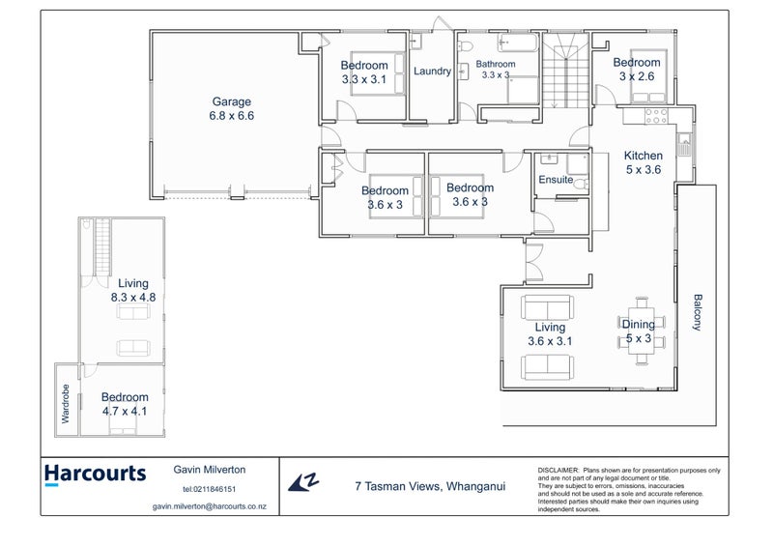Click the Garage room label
coord(231,101)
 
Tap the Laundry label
coord(432,71)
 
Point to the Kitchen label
coord(643,156)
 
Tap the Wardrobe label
coord(67,410)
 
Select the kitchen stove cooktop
coord(656,114)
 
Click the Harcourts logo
coord(95,475)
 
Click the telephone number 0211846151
coord(215,489)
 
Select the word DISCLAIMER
coord(558,469)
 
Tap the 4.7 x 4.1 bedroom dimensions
coord(125,411)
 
